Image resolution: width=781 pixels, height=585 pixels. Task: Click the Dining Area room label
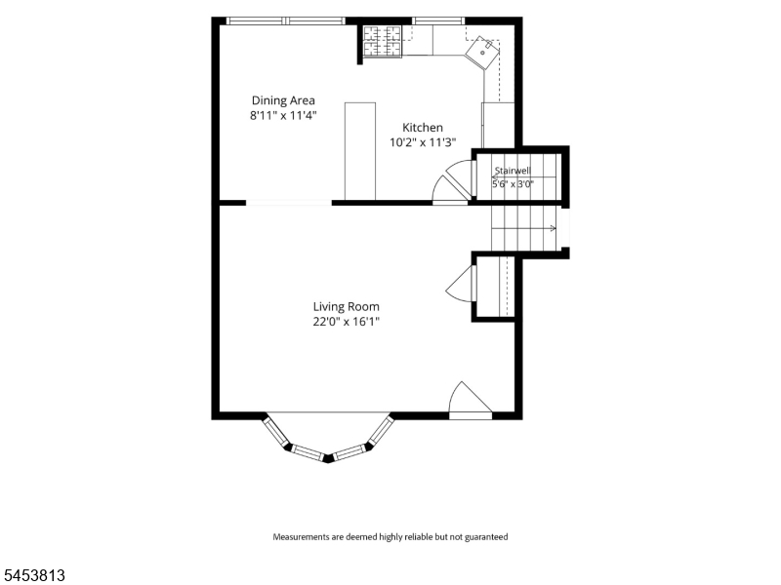click(x=283, y=100)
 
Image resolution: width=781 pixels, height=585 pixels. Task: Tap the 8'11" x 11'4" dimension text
click(x=283, y=116)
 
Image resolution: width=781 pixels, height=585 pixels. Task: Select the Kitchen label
click(x=423, y=128)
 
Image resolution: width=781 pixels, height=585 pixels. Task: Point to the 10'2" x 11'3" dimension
click(x=423, y=142)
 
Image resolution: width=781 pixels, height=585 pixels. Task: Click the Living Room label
click(x=347, y=306)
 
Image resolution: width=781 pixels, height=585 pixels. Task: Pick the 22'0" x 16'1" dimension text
click(x=347, y=322)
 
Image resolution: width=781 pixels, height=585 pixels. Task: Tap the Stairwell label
click(x=513, y=171)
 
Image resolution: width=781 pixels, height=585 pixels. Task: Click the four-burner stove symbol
click(x=382, y=41)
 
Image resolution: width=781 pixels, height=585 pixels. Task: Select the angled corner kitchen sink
click(x=481, y=53)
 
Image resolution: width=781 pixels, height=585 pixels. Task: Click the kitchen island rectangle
click(x=360, y=151)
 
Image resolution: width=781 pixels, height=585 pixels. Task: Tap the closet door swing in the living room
click(x=462, y=284)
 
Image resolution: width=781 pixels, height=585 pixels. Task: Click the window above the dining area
click(x=286, y=20)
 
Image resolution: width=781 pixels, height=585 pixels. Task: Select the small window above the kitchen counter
click(x=438, y=20)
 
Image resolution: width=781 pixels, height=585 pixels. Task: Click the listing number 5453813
click(x=33, y=575)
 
